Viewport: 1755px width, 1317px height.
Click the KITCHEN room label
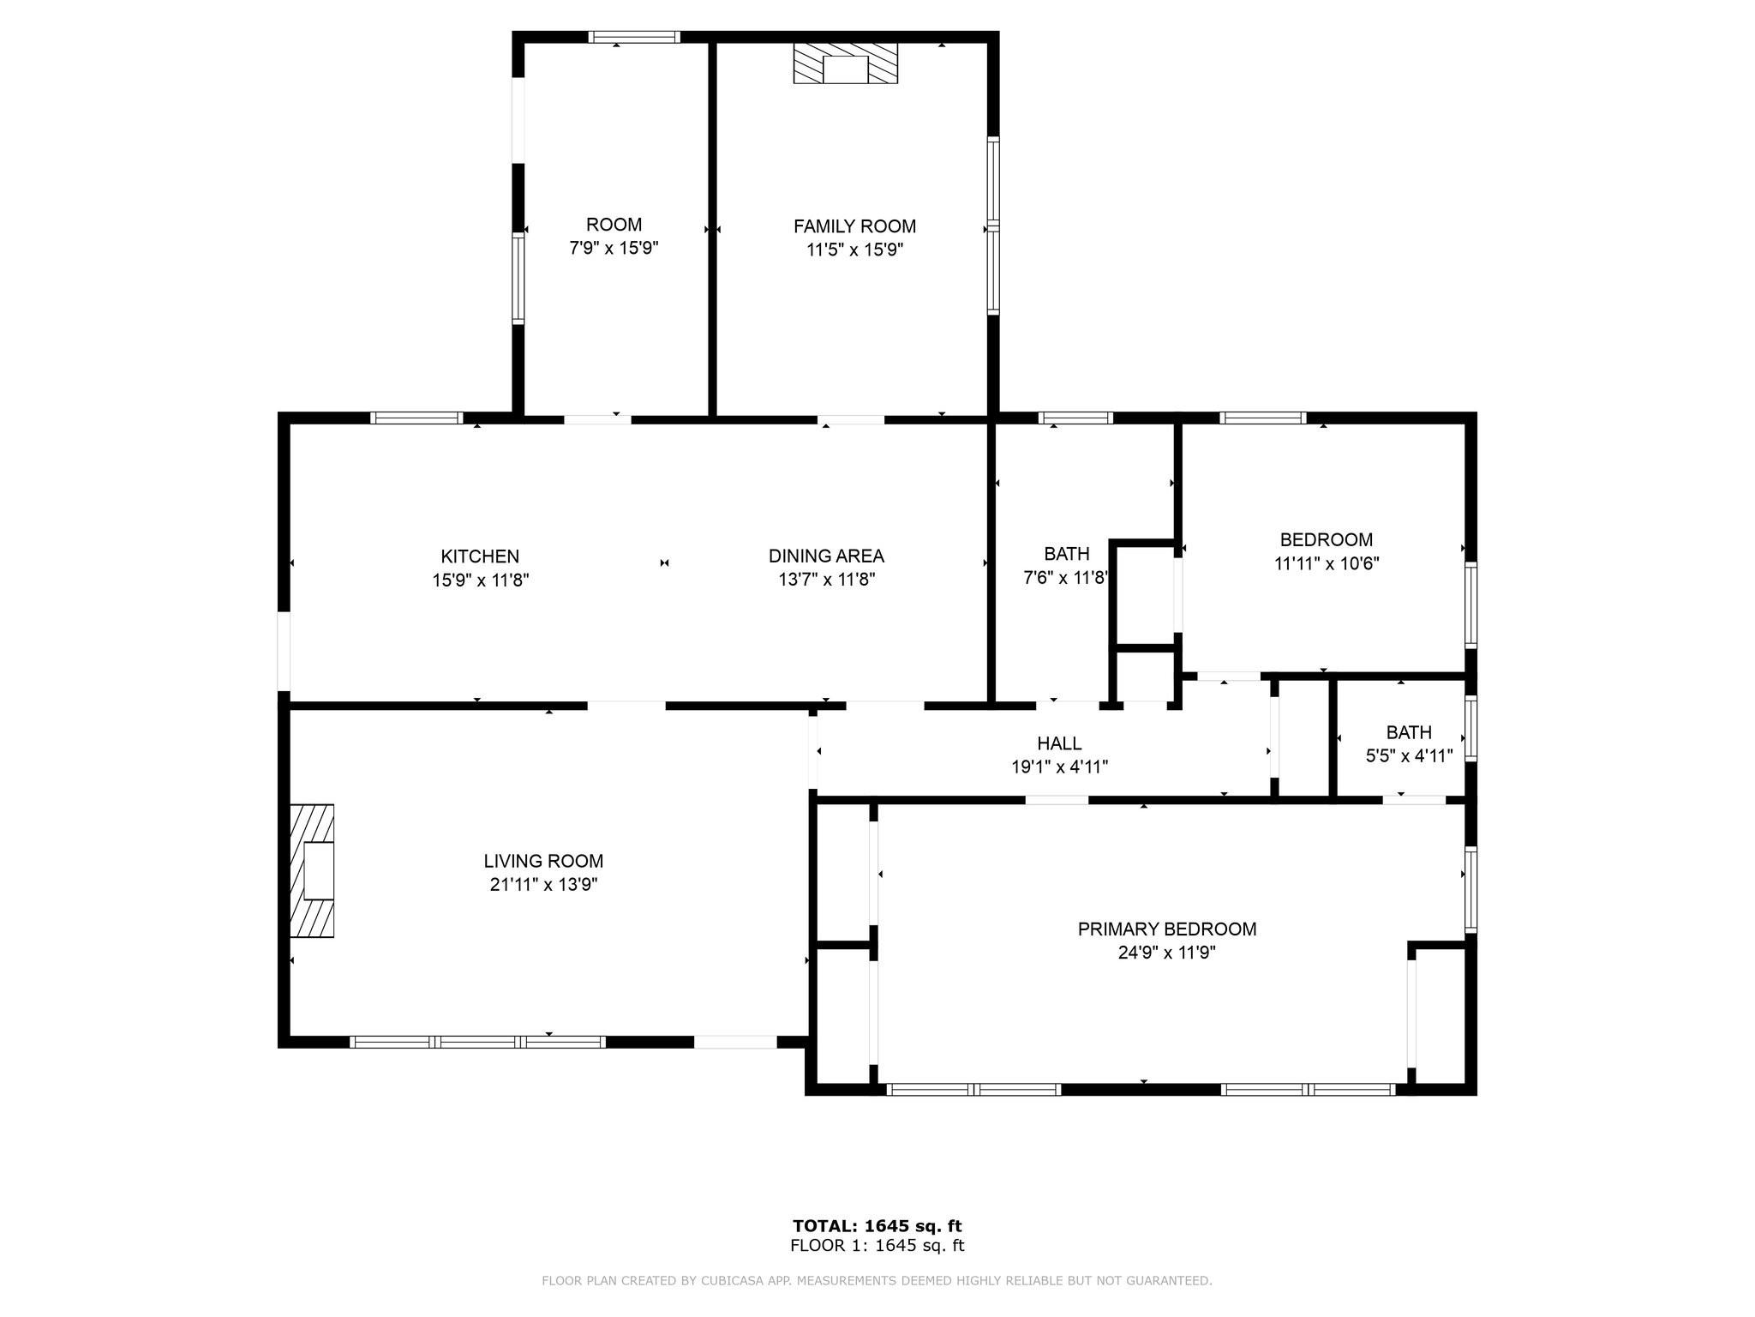coord(480,556)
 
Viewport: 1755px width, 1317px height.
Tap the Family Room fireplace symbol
coord(846,63)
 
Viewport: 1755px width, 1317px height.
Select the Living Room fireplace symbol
coord(312,870)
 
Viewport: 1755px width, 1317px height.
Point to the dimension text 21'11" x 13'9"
coord(543,885)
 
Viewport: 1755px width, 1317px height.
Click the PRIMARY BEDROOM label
coord(1167,929)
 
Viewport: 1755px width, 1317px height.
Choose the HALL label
coord(1059,743)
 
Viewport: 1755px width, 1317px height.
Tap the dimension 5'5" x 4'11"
coord(1409,756)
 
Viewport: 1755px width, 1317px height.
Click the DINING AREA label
coord(826,556)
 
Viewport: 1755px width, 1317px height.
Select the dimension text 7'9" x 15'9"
coord(614,249)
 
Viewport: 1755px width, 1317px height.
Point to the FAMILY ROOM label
coord(854,226)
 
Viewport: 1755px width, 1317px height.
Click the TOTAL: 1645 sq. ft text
coord(877,1226)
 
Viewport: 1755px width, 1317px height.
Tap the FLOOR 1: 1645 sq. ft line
coord(877,1246)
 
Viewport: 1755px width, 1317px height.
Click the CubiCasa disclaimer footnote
coord(877,1281)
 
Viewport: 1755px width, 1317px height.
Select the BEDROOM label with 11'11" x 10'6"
coord(1327,540)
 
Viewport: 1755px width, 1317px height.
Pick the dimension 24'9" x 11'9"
coord(1167,953)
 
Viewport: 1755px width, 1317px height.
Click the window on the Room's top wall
coord(634,37)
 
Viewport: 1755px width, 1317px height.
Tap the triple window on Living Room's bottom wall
coord(478,1043)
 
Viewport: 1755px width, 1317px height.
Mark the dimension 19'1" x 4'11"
coord(1059,767)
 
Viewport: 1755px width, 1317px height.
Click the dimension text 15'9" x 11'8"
coord(480,580)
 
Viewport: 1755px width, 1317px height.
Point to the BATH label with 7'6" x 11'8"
coord(1067,554)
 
